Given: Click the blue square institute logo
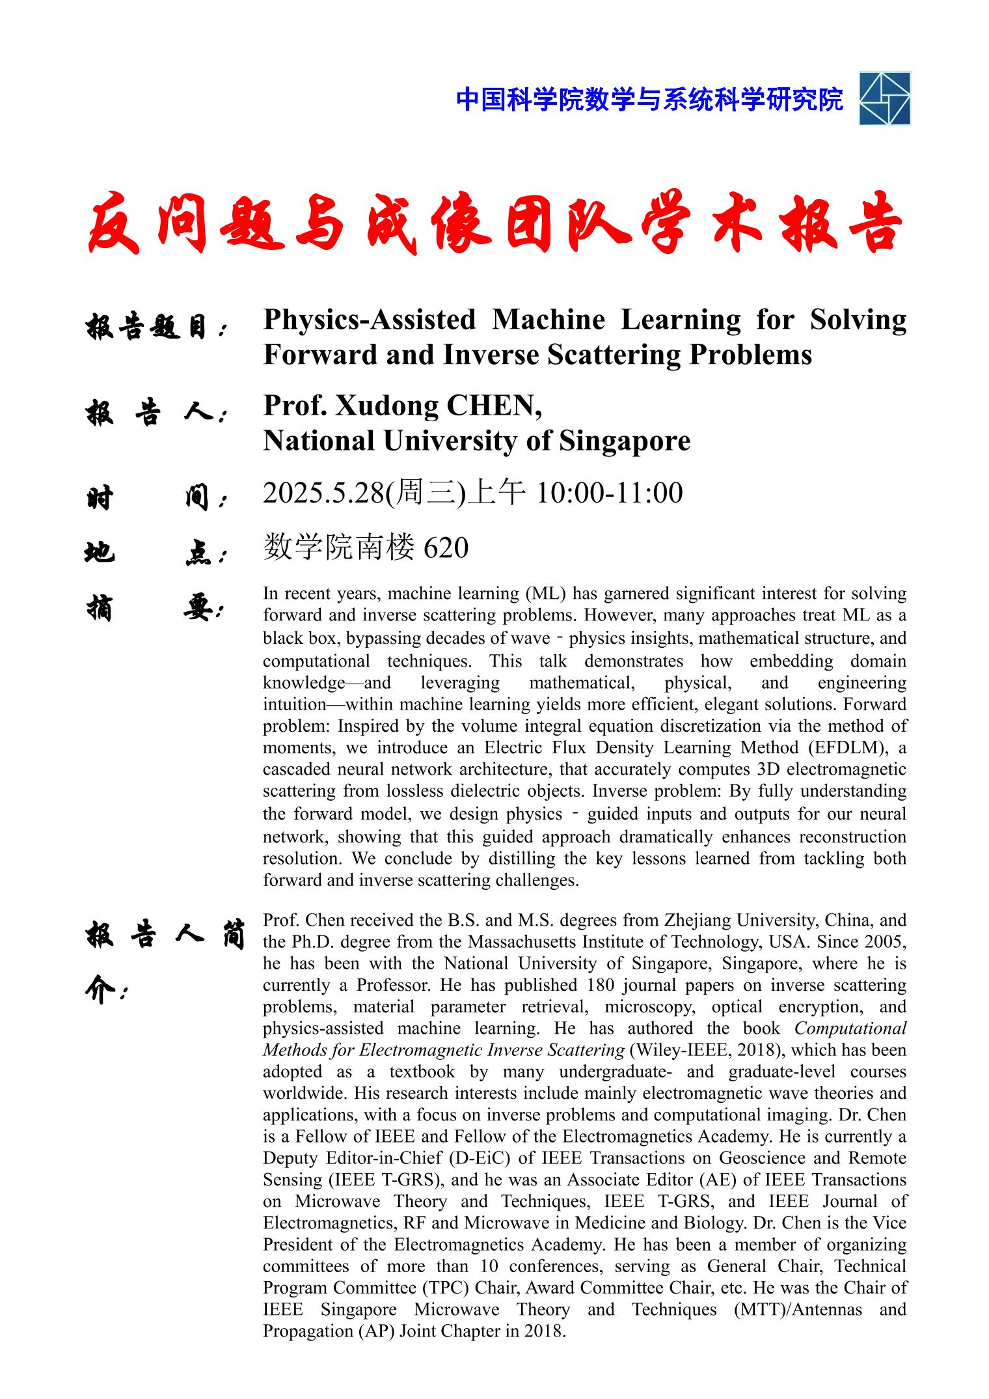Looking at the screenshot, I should click(884, 98).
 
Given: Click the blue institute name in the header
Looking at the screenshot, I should click(649, 100).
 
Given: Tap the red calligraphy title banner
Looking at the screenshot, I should click(494, 223).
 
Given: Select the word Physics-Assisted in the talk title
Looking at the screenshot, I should click(370, 320).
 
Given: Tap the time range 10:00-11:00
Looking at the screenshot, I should click(609, 493).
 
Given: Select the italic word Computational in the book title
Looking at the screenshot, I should click(850, 1029).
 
